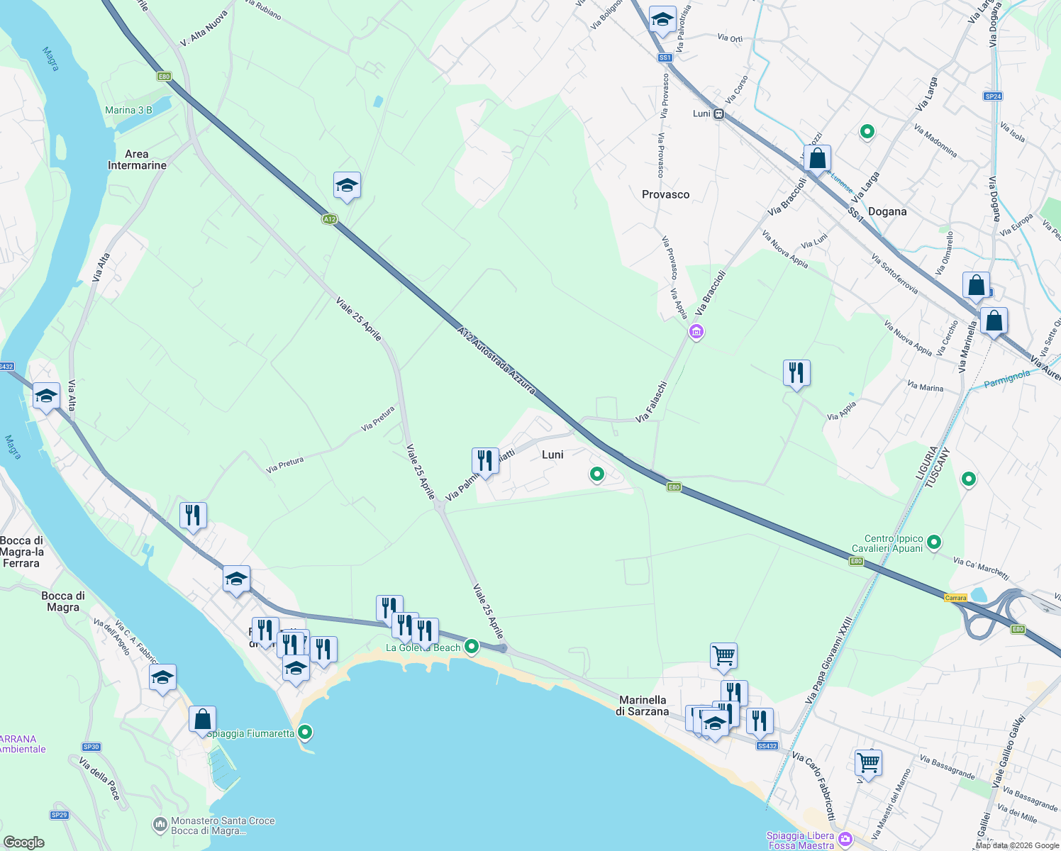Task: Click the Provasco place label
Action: tap(665, 194)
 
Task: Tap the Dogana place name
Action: tap(887, 211)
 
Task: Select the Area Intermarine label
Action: tap(137, 160)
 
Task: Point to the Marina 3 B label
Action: tap(128, 110)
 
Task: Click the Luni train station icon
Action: tap(719, 113)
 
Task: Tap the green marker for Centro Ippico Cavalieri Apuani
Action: tap(934, 543)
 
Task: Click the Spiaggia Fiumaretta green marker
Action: tap(305, 732)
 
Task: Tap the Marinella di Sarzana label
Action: tap(642, 706)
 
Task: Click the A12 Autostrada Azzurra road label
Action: tap(496, 361)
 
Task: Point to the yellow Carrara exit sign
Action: tap(956, 598)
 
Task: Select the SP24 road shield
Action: tap(993, 96)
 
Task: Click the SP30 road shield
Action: tap(91, 747)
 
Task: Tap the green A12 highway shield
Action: tap(329, 219)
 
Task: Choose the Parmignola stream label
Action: tap(1006, 378)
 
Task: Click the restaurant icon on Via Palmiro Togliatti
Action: tap(485, 460)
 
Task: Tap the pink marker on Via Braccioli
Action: tap(696, 331)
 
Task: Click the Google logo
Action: tap(24, 842)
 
